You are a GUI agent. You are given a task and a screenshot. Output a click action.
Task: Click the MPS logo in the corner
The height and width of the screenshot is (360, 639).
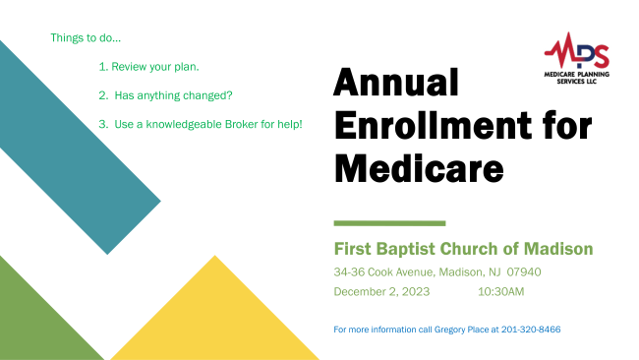click(577, 58)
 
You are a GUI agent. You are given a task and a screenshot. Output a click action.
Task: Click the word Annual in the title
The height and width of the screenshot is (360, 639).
click(396, 83)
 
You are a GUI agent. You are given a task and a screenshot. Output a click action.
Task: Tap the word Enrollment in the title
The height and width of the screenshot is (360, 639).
click(433, 126)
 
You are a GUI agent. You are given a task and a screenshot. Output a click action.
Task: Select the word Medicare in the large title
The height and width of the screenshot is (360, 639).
click(419, 168)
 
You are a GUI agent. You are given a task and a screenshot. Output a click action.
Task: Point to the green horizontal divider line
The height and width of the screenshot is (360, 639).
click(389, 223)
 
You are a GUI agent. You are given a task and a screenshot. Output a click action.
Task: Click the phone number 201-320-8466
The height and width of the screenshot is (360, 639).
click(531, 330)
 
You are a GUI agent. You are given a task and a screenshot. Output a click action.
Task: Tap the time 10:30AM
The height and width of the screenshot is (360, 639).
click(500, 292)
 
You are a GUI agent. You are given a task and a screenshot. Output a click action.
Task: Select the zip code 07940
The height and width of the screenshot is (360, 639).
click(524, 271)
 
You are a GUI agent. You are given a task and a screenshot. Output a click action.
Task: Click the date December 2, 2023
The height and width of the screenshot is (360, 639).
click(381, 292)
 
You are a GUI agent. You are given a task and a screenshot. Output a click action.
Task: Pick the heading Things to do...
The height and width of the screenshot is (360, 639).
click(86, 38)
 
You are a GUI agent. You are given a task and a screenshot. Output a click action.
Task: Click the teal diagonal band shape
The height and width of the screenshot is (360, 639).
click(78, 147)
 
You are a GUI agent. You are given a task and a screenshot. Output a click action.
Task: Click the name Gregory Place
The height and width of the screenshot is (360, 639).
click(461, 330)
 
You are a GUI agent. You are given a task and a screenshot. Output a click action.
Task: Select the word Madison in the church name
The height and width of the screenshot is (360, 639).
click(558, 249)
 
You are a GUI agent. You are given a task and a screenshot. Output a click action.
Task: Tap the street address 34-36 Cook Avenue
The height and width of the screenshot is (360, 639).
click(383, 271)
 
